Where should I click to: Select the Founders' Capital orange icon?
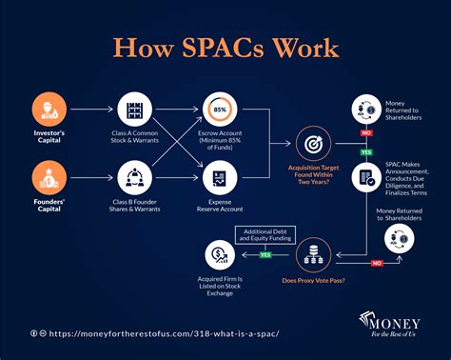(x=49, y=177)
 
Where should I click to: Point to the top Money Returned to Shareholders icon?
(x=366, y=107)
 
